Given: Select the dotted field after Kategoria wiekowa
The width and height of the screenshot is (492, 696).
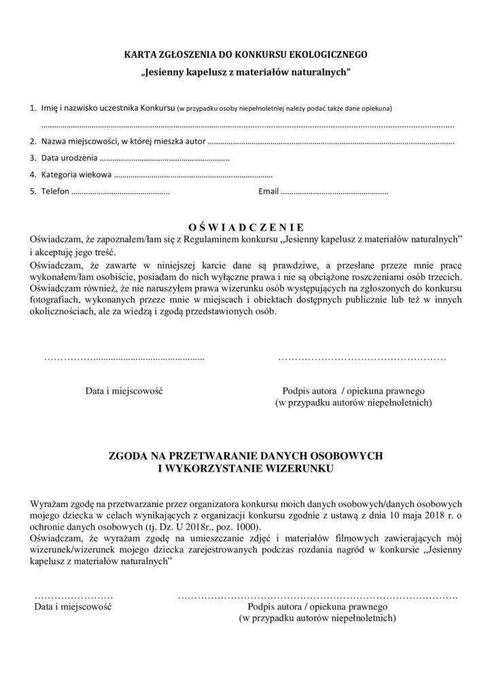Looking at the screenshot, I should click(193, 175).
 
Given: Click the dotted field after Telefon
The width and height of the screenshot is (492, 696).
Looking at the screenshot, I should click(120, 192).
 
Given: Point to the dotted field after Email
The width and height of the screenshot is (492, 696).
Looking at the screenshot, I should click(334, 192).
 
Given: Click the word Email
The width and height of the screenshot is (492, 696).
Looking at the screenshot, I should click(268, 192).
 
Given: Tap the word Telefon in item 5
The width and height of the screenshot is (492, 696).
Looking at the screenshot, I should click(55, 192).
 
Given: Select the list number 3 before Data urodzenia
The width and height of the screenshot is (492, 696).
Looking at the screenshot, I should click(33, 158).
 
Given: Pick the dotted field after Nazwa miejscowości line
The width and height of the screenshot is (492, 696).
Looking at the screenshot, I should click(330, 143).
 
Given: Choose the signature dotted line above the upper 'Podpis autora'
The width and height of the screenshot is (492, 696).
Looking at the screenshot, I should click(362, 356).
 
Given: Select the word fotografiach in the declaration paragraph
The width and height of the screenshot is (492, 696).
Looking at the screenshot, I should click(54, 300).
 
